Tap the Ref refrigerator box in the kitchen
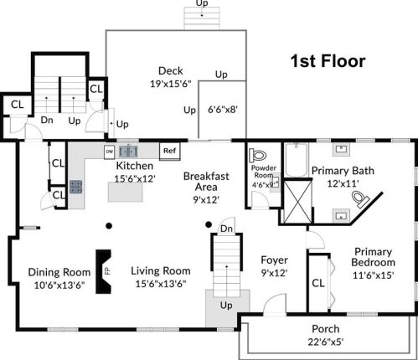170,151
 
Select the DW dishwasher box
109,151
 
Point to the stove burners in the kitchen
76,188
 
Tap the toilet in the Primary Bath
361,198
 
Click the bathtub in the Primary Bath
296,161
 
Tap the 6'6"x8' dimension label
222,109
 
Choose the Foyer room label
274,259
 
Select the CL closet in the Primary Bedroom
318,283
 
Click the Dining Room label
59,271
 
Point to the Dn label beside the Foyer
227,229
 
